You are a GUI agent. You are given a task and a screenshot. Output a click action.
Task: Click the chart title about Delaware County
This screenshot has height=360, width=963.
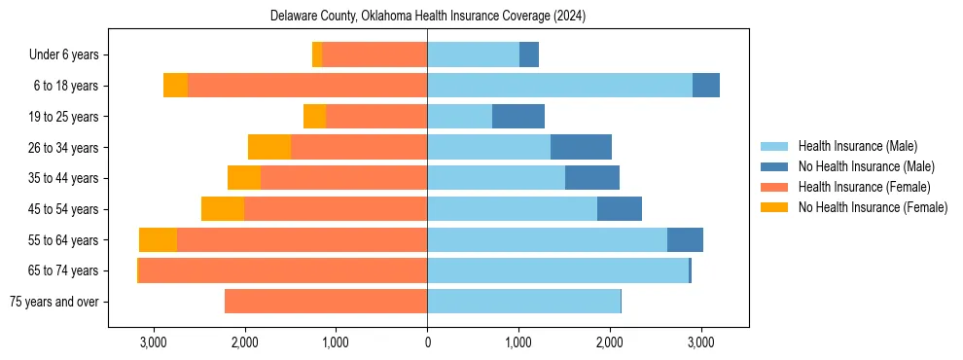point(428,16)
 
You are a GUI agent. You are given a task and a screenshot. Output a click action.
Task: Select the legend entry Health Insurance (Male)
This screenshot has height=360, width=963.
point(857,146)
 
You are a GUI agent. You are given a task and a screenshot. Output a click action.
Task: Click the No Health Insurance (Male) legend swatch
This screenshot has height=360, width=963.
point(775,166)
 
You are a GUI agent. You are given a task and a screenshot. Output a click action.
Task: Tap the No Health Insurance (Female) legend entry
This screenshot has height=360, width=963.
point(873,207)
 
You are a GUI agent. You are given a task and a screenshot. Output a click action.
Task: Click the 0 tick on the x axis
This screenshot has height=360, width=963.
point(427,342)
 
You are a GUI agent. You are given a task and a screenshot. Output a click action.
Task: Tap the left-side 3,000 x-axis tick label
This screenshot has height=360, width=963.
point(153,342)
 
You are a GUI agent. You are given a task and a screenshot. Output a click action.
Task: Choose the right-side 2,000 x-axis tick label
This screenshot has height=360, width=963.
point(610,342)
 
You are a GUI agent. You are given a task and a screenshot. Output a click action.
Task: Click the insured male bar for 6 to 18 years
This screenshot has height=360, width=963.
point(559,86)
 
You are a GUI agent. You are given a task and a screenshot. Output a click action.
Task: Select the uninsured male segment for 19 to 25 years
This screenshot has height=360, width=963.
point(518,117)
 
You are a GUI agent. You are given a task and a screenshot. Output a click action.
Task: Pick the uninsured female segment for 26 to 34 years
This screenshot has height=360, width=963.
point(269,147)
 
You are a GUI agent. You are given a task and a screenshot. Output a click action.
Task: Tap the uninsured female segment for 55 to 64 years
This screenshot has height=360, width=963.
point(158,239)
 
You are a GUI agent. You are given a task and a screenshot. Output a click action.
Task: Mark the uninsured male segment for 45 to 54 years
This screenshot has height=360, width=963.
point(620,209)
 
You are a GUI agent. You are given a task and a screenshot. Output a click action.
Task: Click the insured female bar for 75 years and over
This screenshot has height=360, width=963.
point(326,302)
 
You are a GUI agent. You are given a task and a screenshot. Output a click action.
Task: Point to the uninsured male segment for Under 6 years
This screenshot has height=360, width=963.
point(529,55)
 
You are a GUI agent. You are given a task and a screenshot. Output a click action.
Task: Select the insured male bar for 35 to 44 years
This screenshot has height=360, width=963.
point(496,178)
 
